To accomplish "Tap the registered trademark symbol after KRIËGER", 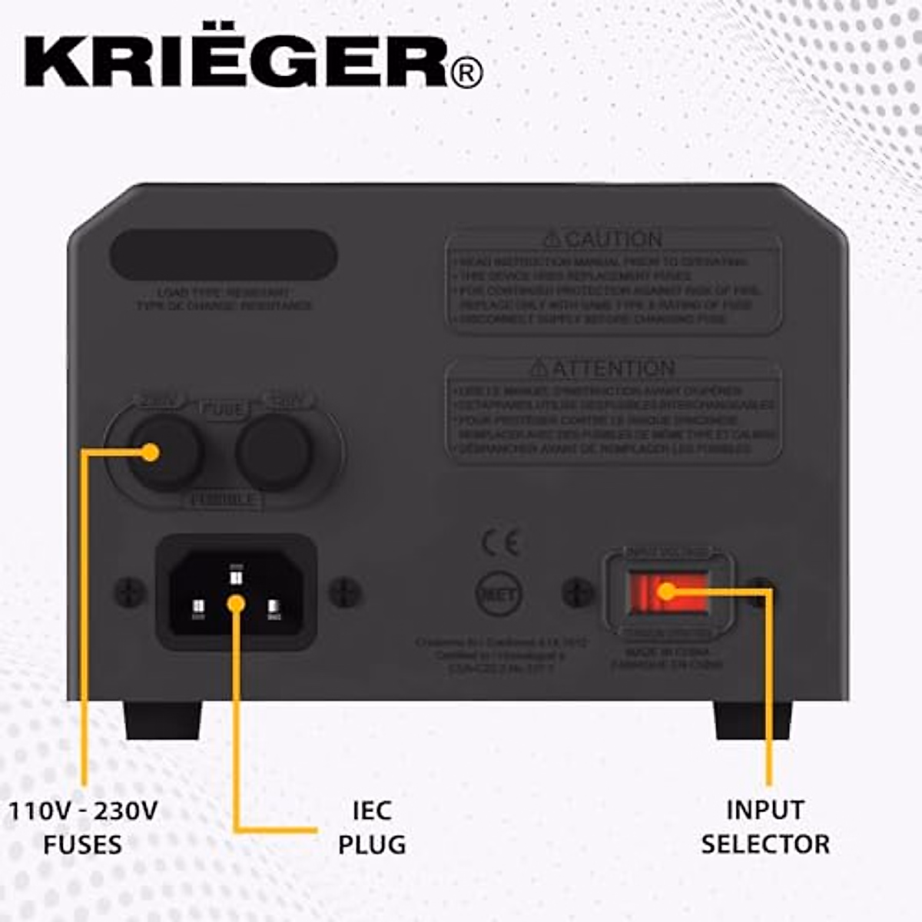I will pos(466,74).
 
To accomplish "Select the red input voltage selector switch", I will pos(667,592).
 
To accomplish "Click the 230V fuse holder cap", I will pos(165,453).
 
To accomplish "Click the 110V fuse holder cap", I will pos(274,453).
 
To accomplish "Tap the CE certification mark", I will pos(500,542).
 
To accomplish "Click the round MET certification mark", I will pos(499,593).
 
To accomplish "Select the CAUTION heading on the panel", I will pos(602,239).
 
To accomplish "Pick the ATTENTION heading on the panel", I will pos(602,368).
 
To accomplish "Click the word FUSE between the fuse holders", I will pos(224,409).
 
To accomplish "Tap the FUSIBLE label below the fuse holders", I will pos(224,500).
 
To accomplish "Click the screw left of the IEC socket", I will pos(130,592).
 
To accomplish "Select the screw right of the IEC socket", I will pos(345,592).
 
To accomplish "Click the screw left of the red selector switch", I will pos(578,592).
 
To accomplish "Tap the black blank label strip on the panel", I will pos(224,254).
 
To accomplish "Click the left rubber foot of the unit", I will pos(162,720).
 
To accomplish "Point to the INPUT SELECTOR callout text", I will pos(765,827).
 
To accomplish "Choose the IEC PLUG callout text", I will pos(372,827).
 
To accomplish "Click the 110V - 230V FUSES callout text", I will pos(83,827).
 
